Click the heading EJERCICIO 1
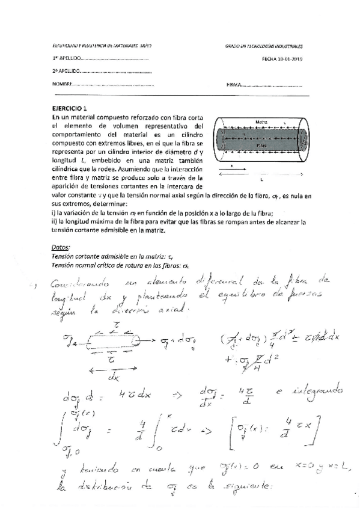point(70,108)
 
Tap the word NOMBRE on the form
point(63,84)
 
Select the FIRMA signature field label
point(233,84)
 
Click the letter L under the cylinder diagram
point(261,179)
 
